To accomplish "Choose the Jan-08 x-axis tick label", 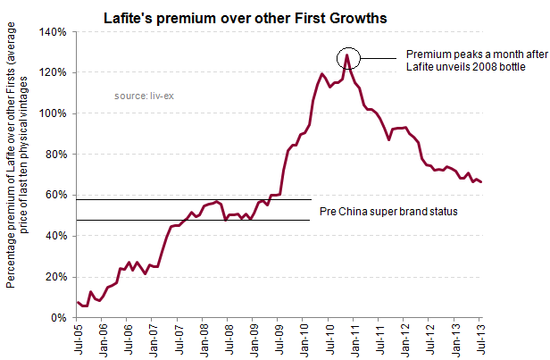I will click(204, 340).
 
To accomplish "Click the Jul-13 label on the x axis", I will click(480, 340).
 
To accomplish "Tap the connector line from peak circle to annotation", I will click(379, 60).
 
